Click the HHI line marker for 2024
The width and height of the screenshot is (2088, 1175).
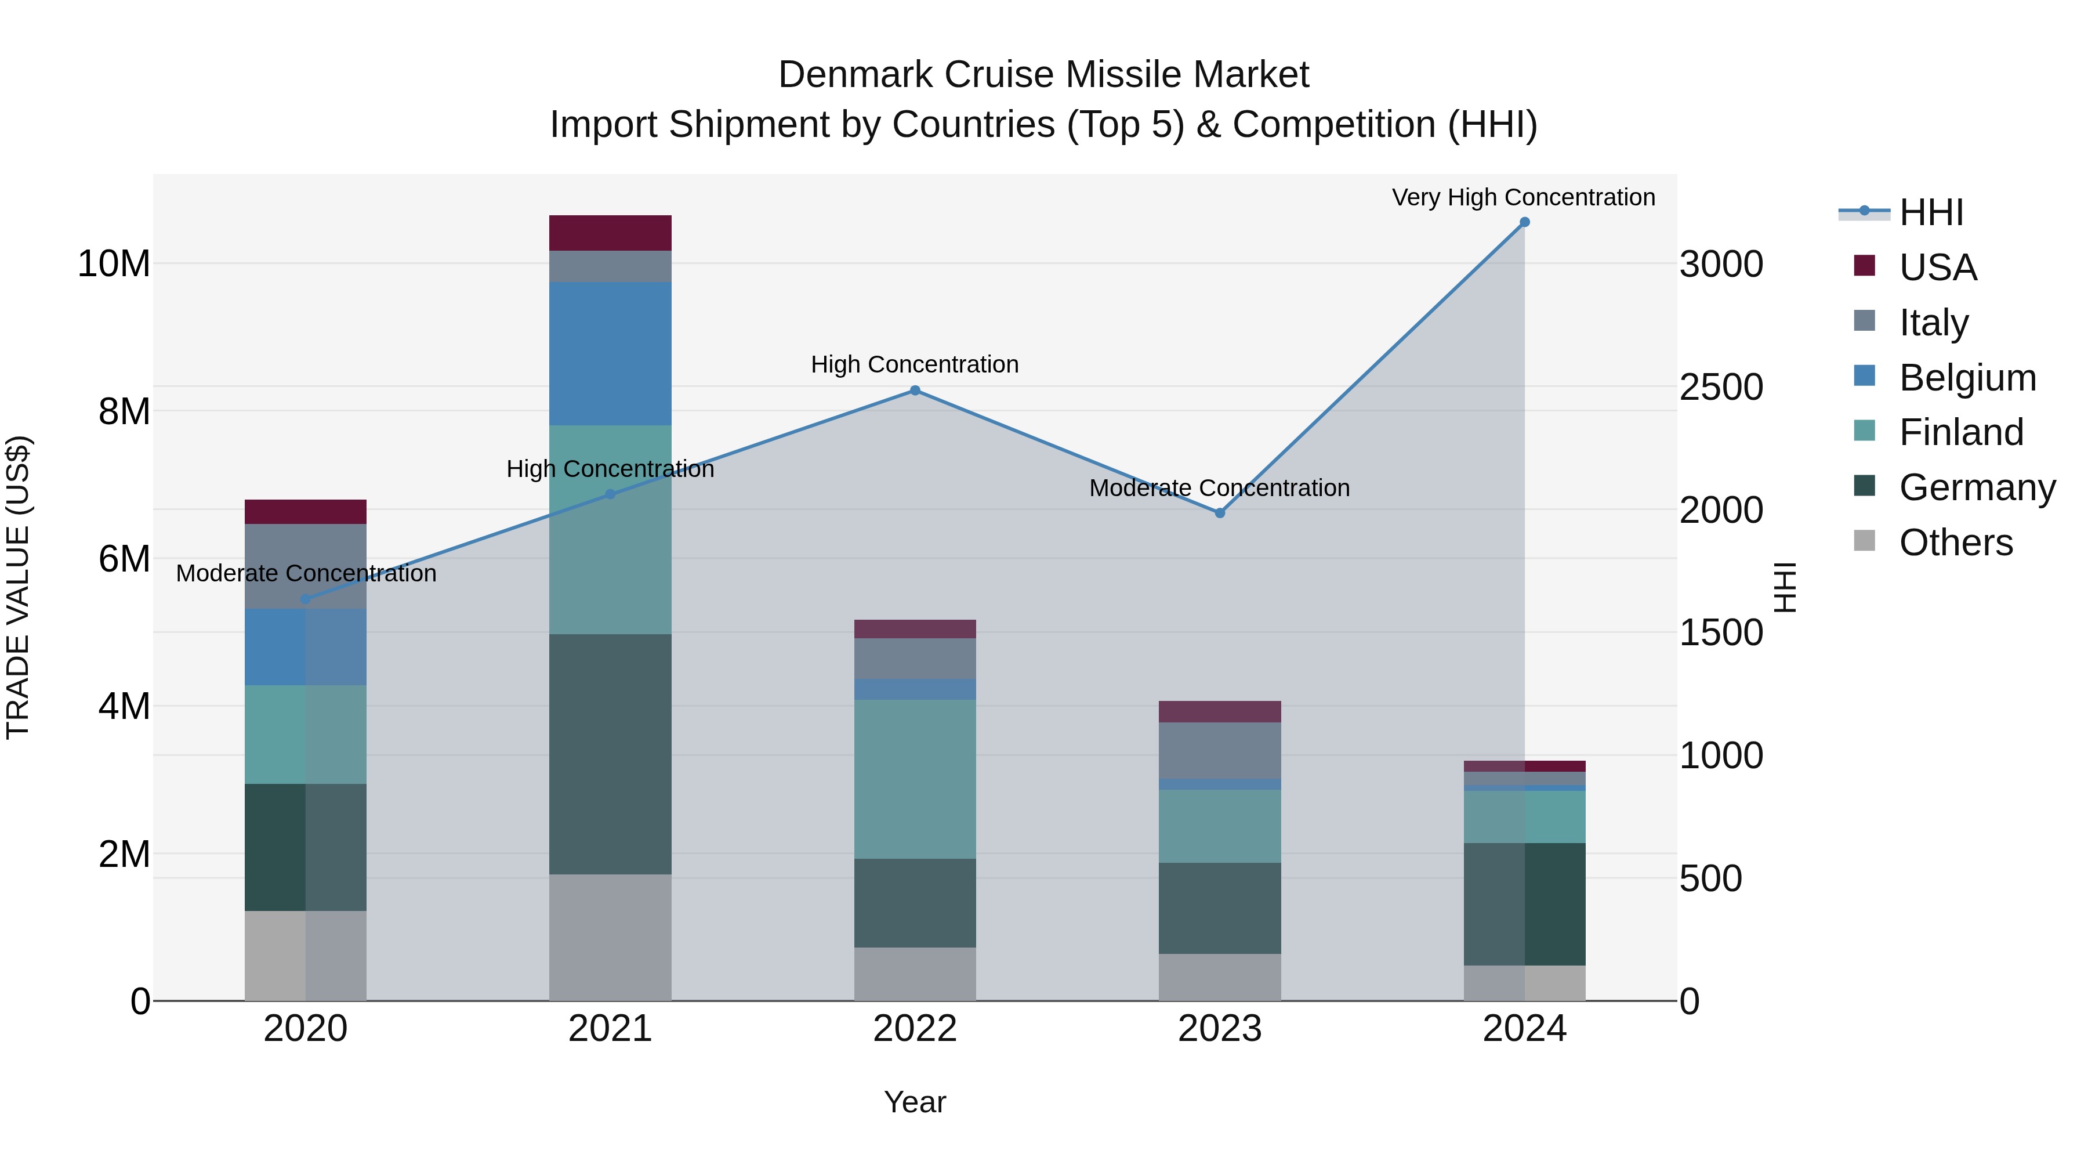[x=1524, y=222]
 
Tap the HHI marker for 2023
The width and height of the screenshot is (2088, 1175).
[x=1219, y=512]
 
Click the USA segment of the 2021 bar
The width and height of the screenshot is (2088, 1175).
[x=610, y=233]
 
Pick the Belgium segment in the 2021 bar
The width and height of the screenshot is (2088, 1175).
[x=610, y=353]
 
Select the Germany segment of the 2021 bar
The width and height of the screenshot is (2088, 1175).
[x=610, y=754]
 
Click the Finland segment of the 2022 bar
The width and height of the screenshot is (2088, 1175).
[x=914, y=779]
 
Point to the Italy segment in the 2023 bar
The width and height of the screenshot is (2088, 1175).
[x=1219, y=750]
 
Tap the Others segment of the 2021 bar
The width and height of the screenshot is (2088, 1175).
[x=610, y=937]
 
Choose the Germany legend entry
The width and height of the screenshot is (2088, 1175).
[x=1976, y=487]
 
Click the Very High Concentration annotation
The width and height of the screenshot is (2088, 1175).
[x=1522, y=197]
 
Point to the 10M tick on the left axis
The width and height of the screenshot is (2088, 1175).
[x=114, y=263]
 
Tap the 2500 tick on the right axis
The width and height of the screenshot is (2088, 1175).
[x=1720, y=387]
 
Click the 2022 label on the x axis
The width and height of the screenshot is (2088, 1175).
[x=914, y=1029]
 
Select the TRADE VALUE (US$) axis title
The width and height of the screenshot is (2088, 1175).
[x=18, y=587]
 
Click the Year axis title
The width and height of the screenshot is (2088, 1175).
[x=914, y=1102]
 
